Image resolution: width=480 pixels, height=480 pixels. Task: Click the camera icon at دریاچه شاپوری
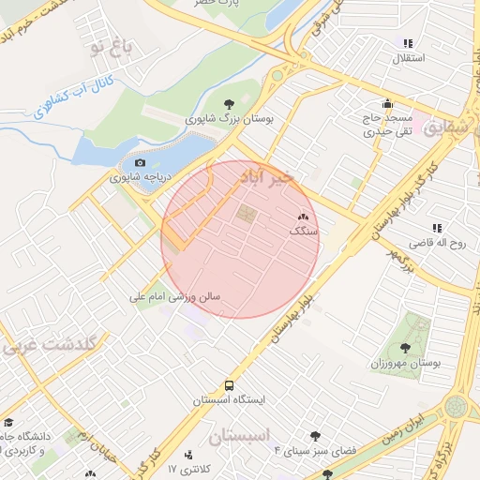[141, 163]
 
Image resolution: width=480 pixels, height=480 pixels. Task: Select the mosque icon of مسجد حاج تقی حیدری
[386, 104]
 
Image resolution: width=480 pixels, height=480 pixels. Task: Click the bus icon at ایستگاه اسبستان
[230, 385]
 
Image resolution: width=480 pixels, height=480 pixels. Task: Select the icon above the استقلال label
[408, 43]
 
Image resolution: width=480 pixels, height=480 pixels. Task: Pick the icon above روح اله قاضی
[436, 228]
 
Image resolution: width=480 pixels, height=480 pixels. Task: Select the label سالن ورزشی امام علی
[175, 296]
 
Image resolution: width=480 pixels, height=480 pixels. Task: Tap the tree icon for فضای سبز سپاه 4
[314, 436]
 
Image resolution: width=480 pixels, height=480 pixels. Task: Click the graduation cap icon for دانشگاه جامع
[9, 423]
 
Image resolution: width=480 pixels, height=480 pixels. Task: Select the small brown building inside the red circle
[246, 215]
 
